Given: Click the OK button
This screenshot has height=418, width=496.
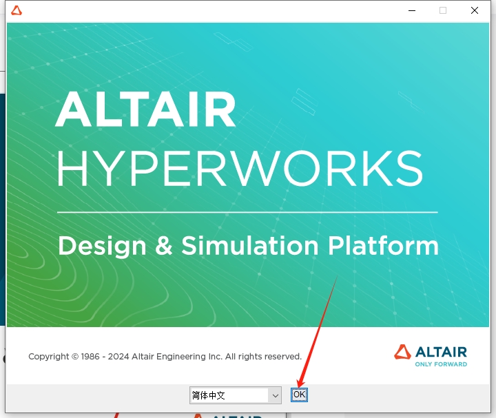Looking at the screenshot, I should (299, 395).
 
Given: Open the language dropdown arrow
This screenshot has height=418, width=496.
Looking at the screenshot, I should (276, 395).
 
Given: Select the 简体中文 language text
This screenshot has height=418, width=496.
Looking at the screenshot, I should (209, 395).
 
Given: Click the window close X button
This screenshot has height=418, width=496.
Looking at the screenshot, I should (475, 10).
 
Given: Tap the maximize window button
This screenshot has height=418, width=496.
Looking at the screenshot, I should (443, 10).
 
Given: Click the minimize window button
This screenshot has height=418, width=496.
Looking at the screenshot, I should (411, 10).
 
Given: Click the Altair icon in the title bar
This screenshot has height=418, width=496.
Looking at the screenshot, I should (17, 10).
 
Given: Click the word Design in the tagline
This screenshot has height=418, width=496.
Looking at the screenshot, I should (103, 246).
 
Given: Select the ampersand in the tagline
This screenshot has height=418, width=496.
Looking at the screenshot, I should (164, 246).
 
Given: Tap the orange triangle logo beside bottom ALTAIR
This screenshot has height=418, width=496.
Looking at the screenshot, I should (402, 352).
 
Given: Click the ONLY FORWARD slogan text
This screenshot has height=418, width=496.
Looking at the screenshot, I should (441, 364).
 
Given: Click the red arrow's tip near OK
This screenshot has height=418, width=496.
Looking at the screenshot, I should (298, 386).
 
